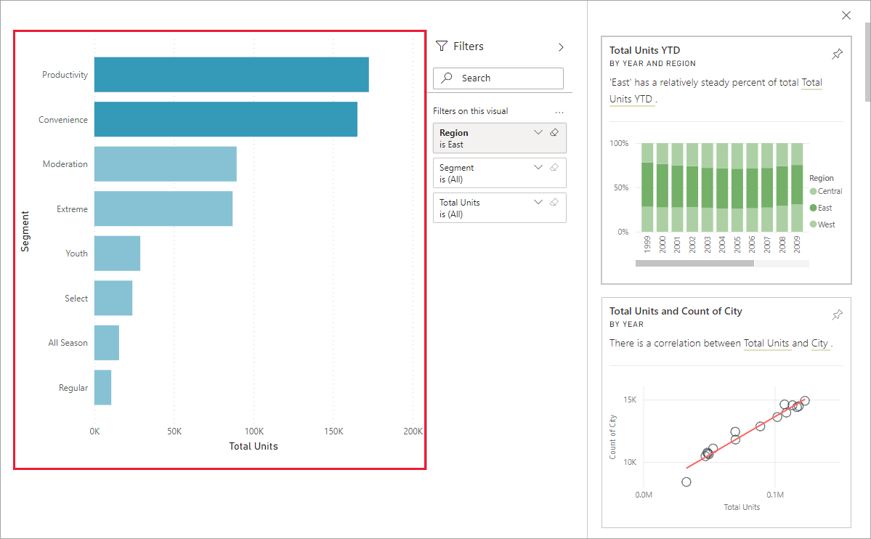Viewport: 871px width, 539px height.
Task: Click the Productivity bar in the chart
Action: (x=231, y=75)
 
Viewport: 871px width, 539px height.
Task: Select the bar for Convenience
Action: (x=225, y=120)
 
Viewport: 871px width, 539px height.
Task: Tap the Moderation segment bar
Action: (x=165, y=164)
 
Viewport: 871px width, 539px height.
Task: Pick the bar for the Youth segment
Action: (x=117, y=254)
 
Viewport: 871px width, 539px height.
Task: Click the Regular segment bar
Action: (x=102, y=388)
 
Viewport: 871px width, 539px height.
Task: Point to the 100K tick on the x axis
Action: (x=254, y=431)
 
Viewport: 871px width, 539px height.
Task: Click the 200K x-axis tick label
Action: (x=413, y=431)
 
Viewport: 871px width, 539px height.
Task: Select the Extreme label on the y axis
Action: (x=72, y=209)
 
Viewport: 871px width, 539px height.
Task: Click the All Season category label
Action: (x=68, y=343)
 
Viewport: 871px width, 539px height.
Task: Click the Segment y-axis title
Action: (x=25, y=232)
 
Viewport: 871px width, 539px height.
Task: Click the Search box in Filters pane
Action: (x=498, y=78)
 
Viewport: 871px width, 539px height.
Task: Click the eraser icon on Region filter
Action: (x=554, y=133)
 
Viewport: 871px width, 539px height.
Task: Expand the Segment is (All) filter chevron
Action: (x=538, y=167)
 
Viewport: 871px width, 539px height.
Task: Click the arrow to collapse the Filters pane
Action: (x=561, y=46)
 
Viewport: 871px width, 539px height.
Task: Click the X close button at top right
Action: (x=846, y=15)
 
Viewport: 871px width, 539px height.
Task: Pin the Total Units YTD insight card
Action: (x=837, y=54)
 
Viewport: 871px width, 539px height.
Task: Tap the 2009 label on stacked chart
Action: (x=797, y=243)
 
